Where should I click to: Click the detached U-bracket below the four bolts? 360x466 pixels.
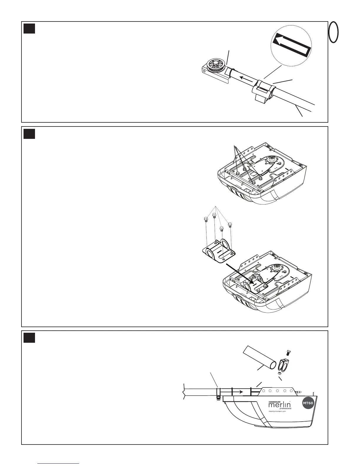[219, 252]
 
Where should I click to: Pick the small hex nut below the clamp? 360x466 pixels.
[279, 373]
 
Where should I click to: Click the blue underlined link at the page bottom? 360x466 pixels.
[59, 463]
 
